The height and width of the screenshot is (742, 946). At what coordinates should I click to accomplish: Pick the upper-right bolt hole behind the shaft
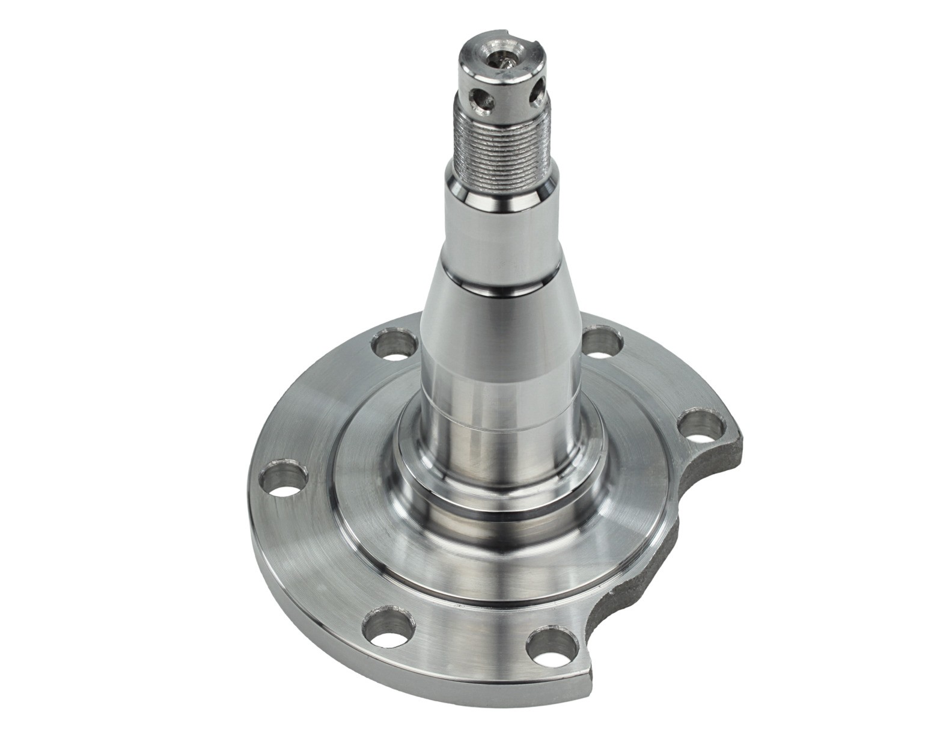[603, 343]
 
